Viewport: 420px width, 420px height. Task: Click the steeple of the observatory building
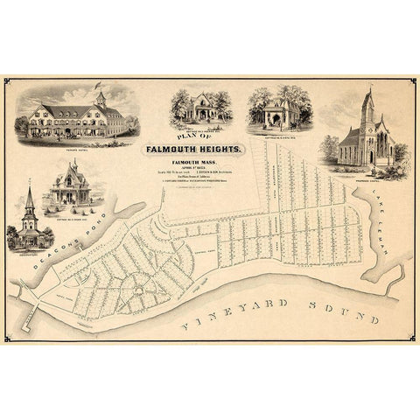tap(29, 199)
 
